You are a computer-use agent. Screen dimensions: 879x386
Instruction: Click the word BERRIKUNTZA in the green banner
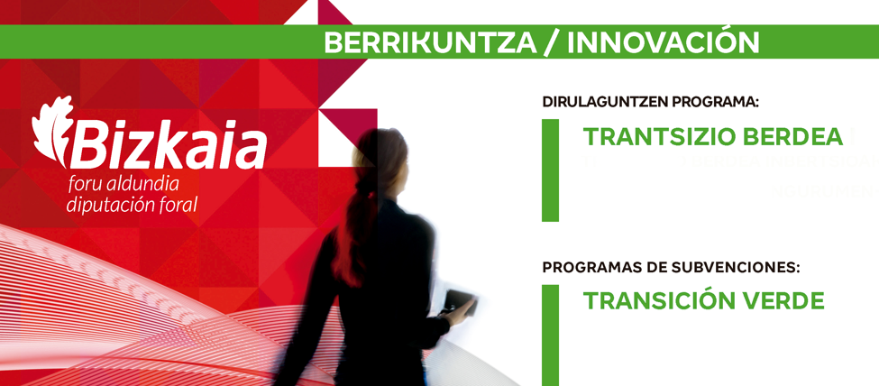(430, 42)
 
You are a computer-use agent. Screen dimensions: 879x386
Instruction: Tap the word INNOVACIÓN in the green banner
(664, 41)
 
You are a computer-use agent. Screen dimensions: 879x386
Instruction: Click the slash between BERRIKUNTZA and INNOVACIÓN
(552, 42)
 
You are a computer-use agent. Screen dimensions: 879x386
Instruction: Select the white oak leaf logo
(52, 131)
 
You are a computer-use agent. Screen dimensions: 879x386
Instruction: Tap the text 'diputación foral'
(133, 204)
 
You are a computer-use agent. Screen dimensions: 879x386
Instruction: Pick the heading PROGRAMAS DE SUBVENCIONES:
(671, 268)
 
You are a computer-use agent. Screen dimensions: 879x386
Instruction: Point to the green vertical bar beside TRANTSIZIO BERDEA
(551, 170)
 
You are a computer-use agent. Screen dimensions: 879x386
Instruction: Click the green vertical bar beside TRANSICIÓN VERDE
(551, 335)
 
